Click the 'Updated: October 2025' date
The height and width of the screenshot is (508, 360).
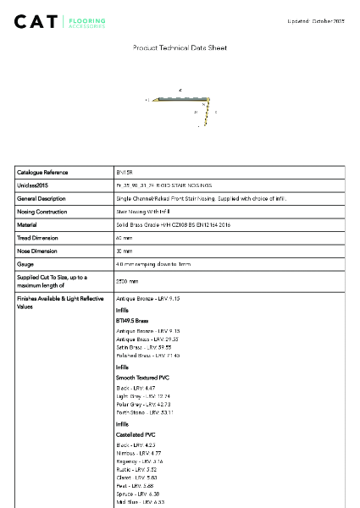[315, 19]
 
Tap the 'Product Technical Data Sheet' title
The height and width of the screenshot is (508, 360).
[180, 48]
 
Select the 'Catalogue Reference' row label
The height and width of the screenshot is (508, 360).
[43, 172]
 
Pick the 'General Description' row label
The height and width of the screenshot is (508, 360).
[42, 198]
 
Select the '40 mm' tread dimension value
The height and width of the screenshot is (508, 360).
[125, 238]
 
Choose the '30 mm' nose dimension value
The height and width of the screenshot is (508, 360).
[125, 251]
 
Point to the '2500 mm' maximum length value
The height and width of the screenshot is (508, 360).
[127, 280]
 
